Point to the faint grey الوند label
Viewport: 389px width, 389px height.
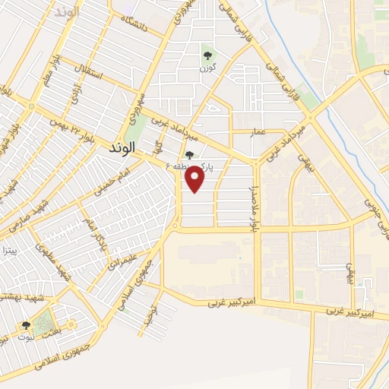(68, 13)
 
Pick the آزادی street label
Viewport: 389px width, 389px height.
(74, 94)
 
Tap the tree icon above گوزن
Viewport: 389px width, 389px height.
(207, 55)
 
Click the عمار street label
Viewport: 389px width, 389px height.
(259, 132)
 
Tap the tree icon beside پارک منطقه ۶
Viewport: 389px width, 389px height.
(189, 155)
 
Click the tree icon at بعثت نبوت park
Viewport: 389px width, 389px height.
(26, 325)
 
